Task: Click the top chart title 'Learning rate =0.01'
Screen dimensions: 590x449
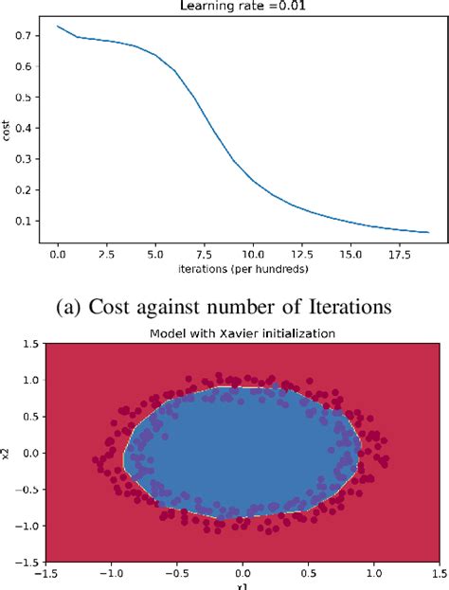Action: pos(241,6)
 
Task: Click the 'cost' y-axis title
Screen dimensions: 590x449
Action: pos(7,133)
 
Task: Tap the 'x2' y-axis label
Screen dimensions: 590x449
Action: pos(8,454)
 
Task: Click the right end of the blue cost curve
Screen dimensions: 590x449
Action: pos(429,232)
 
